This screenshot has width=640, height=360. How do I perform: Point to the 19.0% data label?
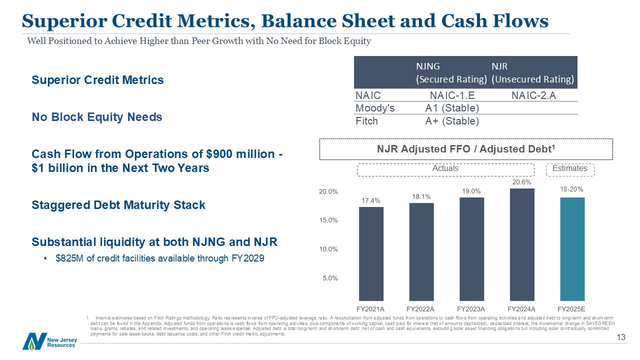(471, 191)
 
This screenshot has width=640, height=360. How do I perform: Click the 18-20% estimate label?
(572, 190)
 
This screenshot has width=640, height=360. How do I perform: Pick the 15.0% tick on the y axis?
(328, 220)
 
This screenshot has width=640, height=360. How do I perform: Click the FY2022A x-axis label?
(420, 308)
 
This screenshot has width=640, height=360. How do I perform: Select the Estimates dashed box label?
(569, 168)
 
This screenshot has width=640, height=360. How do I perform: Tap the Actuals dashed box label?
(445, 168)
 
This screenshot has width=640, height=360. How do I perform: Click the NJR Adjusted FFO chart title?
(466, 148)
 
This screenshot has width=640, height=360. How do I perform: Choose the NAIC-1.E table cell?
(452, 95)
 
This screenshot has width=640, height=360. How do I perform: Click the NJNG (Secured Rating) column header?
(451, 72)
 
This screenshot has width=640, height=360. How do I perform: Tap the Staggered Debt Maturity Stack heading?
(118, 205)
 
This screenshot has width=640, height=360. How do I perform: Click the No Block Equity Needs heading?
(97, 117)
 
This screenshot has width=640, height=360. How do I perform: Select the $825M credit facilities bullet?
(160, 259)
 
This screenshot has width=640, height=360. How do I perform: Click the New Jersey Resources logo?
(49, 341)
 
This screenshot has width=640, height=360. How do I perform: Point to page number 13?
(621, 338)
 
